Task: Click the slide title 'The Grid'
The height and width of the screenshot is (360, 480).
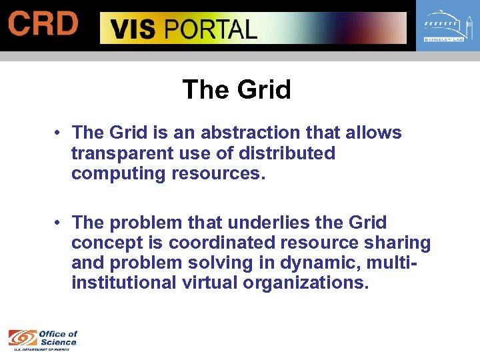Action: pos(237,89)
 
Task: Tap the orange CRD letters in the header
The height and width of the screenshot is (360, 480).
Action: pos(43,25)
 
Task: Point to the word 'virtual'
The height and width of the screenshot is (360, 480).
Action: pos(210,283)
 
